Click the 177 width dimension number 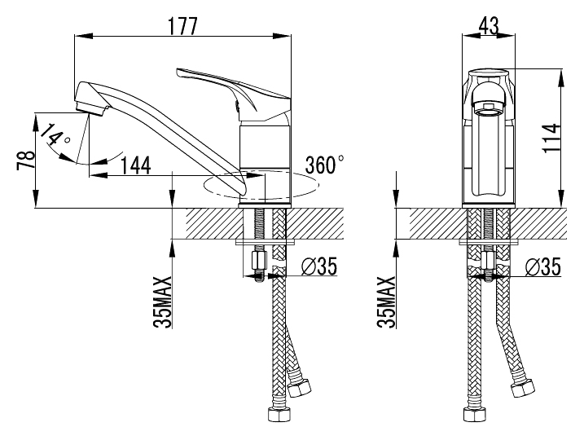click(182, 26)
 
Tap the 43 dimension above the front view click(488, 26)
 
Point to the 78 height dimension click(26, 161)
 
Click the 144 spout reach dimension click(136, 165)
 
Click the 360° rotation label click(324, 165)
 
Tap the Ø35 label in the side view click(318, 266)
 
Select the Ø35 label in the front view click(542, 266)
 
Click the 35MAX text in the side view click(163, 302)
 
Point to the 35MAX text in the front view click(386, 302)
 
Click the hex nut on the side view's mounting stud click(258, 262)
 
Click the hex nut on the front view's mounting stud click(488, 261)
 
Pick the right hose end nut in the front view click(522, 388)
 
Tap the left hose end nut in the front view click(474, 414)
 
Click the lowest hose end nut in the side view click(279, 414)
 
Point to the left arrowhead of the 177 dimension click(83, 36)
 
